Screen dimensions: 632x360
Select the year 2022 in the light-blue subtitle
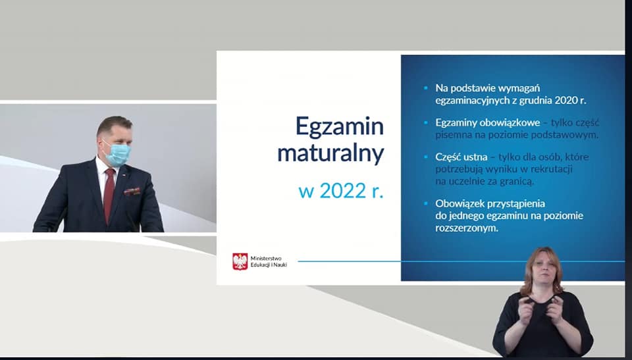pyautogui.click(x=342, y=191)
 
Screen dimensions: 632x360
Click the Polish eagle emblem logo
pyautogui.click(x=240, y=261)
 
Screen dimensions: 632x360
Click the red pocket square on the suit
pyautogui.click(x=132, y=191)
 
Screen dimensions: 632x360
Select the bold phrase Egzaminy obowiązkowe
pyautogui.click(x=488, y=122)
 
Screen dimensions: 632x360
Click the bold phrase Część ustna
pyautogui.click(x=461, y=157)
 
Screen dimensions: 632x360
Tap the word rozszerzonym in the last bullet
pyautogui.click(x=467, y=228)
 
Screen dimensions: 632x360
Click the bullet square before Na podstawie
pyautogui.click(x=426, y=87)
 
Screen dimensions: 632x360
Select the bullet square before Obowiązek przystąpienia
pyautogui.click(x=426, y=203)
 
